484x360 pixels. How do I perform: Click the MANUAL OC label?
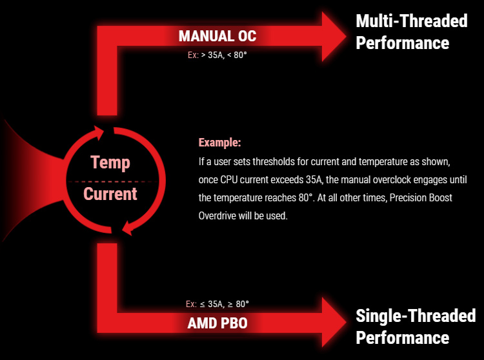point(217,36)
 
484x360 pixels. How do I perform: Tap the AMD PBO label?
point(217,323)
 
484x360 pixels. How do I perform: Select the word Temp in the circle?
point(110,163)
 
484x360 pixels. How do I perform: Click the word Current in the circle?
point(110,194)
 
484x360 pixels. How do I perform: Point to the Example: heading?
point(219,143)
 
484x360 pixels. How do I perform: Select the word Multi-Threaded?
point(412,21)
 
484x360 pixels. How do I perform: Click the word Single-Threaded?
point(416,315)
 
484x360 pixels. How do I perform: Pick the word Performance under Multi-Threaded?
point(403,43)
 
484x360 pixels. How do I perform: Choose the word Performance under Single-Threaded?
point(403,337)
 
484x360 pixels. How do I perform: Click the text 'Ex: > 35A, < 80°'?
point(217,55)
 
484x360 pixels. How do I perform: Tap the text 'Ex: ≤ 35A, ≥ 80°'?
point(217,304)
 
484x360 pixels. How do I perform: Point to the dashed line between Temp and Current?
point(113,182)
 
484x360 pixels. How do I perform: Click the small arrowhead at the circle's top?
point(99,133)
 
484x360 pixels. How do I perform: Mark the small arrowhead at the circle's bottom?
point(128,228)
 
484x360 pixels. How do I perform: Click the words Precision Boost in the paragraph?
point(421,197)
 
